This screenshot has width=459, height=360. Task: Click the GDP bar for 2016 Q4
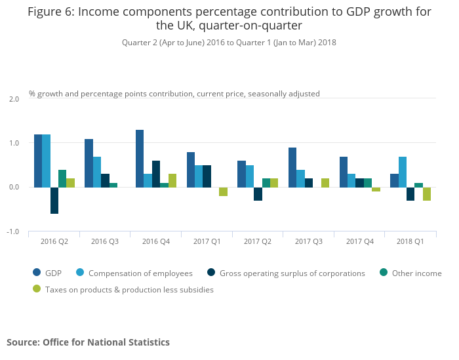coord(140,159)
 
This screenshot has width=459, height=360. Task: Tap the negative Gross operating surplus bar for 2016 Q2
coord(54,201)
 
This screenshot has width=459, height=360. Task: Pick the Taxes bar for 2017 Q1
coord(223,191)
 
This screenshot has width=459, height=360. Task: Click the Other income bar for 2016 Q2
coord(62,178)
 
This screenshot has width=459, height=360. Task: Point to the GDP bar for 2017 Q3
coord(292,167)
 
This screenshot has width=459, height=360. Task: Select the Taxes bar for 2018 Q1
coord(427,194)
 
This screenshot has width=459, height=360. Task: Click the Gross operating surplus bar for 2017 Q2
coord(258,194)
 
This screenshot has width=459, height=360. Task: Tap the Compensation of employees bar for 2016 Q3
coord(96,172)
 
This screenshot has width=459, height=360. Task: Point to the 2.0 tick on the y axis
coord(14,99)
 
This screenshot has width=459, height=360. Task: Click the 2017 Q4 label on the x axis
coord(359,242)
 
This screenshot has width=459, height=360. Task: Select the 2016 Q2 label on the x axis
coord(54,242)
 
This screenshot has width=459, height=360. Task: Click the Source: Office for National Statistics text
coord(88,342)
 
